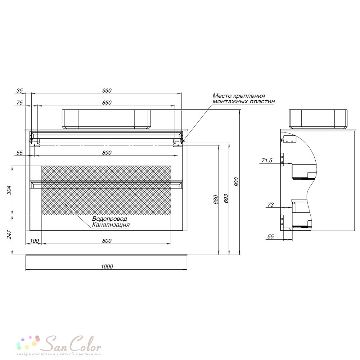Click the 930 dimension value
tap(107, 90)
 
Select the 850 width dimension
tap(107, 103)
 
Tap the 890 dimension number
tap(107, 153)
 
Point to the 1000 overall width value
tap(107, 266)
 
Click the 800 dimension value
tap(107, 240)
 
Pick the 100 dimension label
tap(35, 240)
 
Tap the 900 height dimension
tap(236, 182)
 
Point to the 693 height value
tap(226, 199)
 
